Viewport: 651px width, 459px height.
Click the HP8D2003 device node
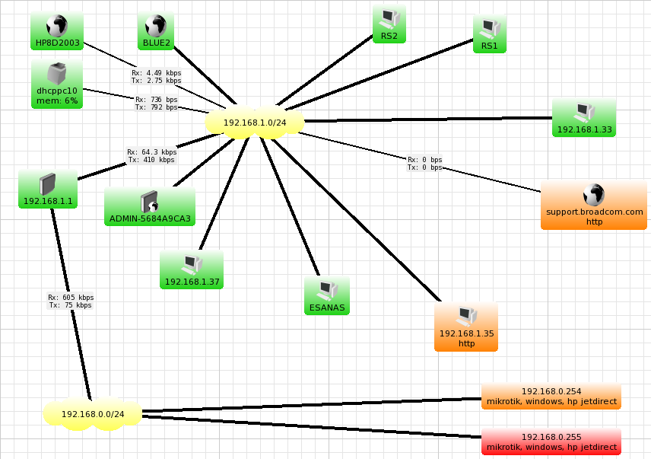(x=58, y=32)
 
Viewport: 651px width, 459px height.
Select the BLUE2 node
(x=156, y=32)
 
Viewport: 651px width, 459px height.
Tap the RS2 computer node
(x=389, y=24)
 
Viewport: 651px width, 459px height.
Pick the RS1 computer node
(x=489, y=34)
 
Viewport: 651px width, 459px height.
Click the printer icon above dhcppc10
(x=57, y=74)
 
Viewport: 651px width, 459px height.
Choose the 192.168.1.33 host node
(x=584, y=118)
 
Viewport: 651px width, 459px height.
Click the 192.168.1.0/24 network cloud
(x=255, y=122)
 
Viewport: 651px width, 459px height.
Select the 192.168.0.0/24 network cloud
(x=92, y=413)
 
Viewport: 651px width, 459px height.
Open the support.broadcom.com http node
(x=594, y=206)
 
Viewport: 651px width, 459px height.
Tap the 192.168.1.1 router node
(x=48, y=190)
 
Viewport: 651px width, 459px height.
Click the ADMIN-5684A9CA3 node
(x=150, y=208)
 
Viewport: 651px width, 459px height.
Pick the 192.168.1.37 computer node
(x=192, y=270)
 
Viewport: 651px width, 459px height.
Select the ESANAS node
(x=326, y=296)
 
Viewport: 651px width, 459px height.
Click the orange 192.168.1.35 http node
(x=466, y=327)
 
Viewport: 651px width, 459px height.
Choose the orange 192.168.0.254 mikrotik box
(x=551, y=397)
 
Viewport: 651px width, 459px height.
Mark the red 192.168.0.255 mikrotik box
(x=551, y=442)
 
